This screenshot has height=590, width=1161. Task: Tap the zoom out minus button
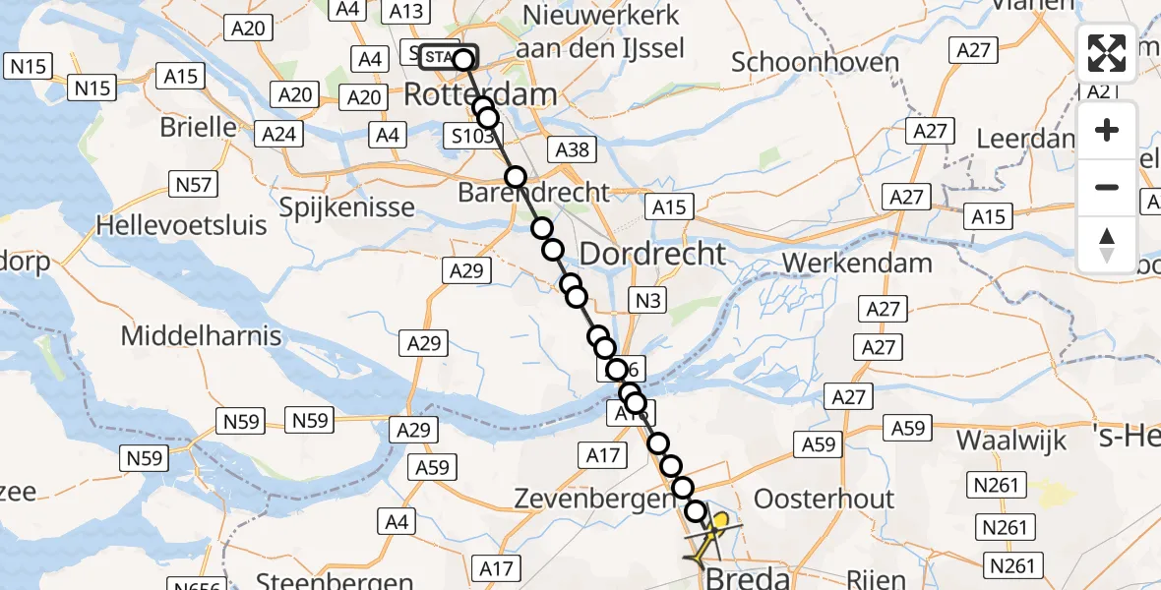[x=1107, y=187]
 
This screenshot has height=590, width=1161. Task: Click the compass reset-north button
[x=1107, y=245]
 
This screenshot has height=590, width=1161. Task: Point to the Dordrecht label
[x=652, y=254]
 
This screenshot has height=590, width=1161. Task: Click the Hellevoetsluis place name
[x=181, y=225]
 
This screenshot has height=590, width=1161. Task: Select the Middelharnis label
[x=201, y=335]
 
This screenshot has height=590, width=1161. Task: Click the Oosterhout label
[x=824, y=498]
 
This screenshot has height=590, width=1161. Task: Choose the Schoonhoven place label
[x=816, y=63]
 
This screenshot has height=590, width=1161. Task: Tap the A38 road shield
[x=572, y=148]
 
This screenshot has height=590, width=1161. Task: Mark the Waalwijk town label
[x=1011, y=440]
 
